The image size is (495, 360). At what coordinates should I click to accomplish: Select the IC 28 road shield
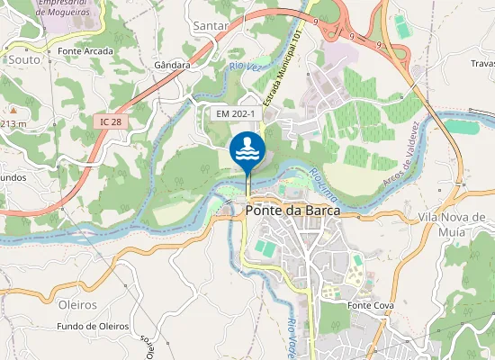[x=112, y=121]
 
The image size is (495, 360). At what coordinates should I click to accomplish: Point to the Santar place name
[x=211, y=27]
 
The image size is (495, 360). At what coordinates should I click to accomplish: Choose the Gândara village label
[x=172, y=66]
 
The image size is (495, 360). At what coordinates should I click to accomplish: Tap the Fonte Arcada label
[x=85, y=51]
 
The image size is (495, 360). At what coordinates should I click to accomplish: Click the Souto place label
[x=22, y=59]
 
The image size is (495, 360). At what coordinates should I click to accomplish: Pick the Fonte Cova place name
[x=368, y=306]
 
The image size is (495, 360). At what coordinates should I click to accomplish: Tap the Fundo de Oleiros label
[x=93, y=326]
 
